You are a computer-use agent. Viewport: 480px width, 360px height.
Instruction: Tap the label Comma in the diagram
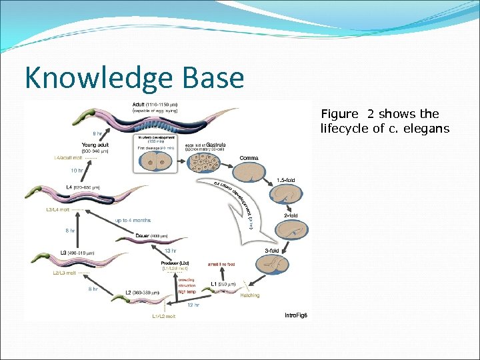click(249, 158)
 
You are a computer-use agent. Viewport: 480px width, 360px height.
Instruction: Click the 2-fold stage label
click(291, 216)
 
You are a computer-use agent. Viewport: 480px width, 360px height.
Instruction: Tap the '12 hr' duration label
click(193, 305)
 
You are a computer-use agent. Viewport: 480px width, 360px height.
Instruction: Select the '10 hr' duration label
click(77, 170)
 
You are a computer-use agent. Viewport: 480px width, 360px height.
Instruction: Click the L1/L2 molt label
click(163, 316)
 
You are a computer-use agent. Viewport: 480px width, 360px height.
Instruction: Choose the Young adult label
click(95, 144)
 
